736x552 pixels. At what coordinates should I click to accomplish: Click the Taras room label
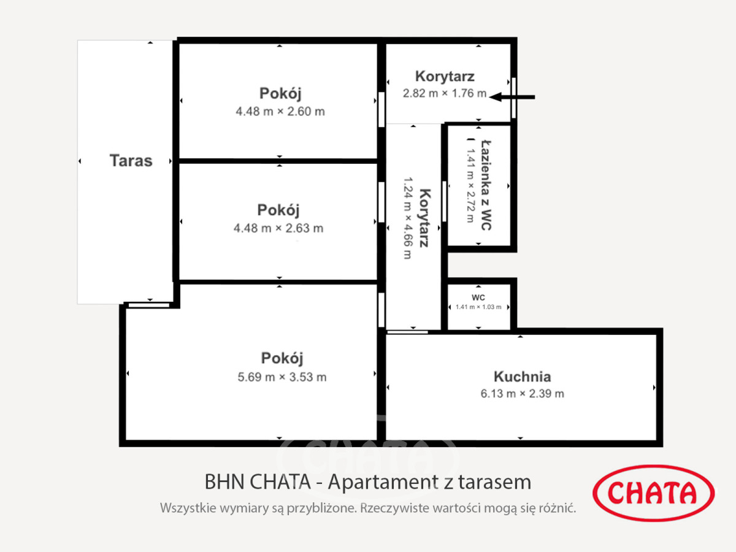[131, 161]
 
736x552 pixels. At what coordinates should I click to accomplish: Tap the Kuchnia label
[522, 377]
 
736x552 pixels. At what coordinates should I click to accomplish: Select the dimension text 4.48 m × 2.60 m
[280, 111]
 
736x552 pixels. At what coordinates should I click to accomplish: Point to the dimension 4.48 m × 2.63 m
[278, 228]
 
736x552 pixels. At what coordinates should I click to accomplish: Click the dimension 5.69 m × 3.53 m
[282, 377]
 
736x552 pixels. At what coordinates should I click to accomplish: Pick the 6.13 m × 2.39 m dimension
[522, 394]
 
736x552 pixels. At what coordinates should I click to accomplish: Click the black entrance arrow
[512, 97]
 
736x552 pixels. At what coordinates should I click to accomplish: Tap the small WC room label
[478, 297]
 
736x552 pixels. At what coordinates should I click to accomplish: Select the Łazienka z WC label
[486, 185]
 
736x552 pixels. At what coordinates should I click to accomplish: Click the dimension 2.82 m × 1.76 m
[445, 93]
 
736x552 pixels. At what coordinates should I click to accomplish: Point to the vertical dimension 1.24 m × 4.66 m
[407, 218]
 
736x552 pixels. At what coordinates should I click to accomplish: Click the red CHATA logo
[654, 493]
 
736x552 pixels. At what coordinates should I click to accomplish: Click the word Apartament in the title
[383, 482]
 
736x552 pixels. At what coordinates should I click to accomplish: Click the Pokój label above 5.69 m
[282, 358]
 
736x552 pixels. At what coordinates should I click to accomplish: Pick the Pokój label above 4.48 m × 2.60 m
[280, 93]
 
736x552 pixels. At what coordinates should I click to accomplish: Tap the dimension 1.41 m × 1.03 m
[478, 307]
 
